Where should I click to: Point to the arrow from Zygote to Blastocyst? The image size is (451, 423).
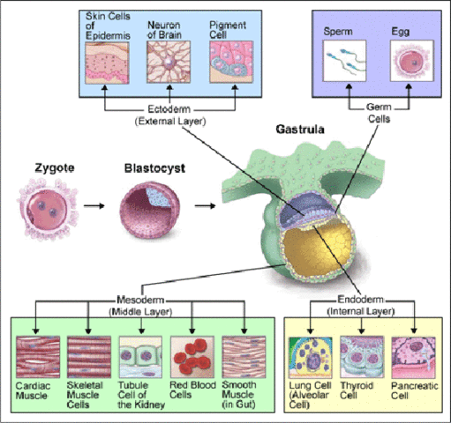97,209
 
